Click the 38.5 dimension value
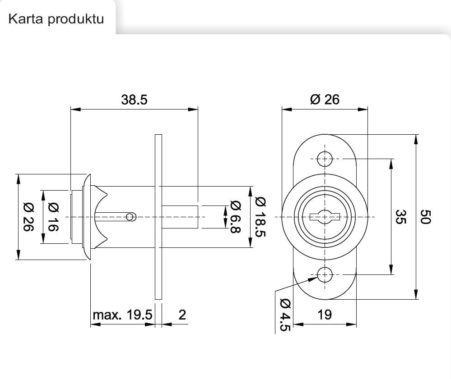[134, 100]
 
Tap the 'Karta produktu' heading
[56, 19]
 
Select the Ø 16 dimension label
[53, 217]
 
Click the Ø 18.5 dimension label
[260, 217]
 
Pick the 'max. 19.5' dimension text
[122, 314]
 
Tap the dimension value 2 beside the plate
[182, 314]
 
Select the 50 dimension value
[427, 217]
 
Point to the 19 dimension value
[325, 314]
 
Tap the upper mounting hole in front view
[325, 159]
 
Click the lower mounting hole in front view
[325, 274]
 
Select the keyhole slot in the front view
[325, 217]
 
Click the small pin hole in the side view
[130, 217]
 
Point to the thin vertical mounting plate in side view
[158, 216]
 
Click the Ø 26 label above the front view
[325, 100]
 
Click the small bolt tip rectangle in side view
[180, 217]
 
